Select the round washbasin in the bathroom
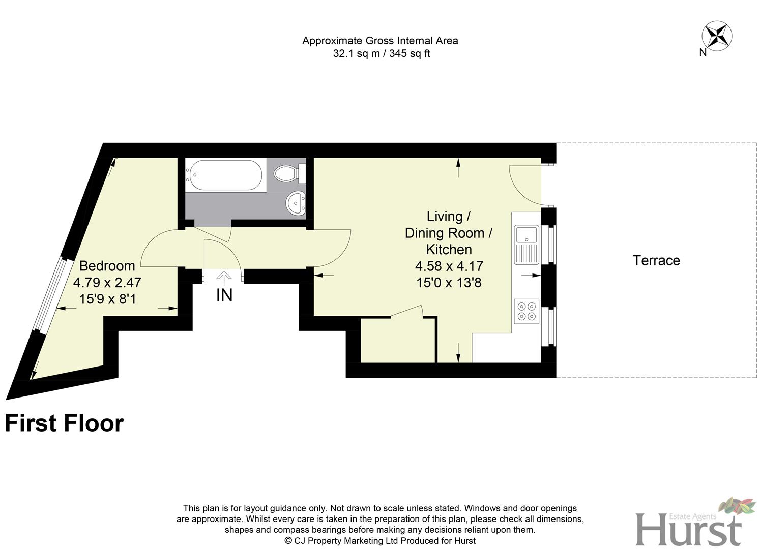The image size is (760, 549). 296,203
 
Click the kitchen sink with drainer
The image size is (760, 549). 526,245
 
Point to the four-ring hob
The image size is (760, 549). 526,311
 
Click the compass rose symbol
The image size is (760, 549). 717,36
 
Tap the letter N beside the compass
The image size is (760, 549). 703,52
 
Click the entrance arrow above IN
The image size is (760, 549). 224,278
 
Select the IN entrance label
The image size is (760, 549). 224,295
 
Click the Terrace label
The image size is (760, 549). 656,261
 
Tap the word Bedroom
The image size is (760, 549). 107,266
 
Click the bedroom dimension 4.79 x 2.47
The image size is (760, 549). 107,283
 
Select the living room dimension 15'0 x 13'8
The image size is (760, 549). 449,283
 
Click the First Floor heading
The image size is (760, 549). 64,423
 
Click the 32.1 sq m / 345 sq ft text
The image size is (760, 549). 381,54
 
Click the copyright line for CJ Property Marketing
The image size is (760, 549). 380,541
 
